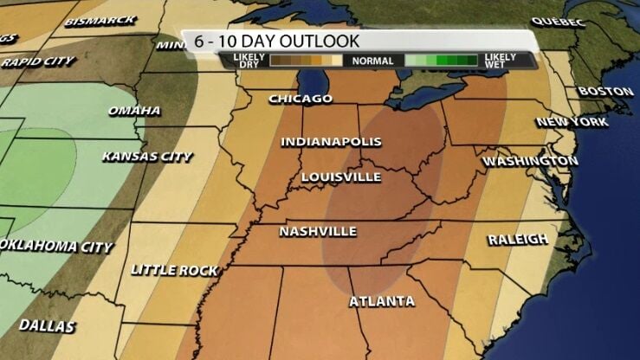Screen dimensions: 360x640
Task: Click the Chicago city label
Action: click(x=301, y=99)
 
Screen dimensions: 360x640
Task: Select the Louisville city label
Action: click(x=341, y=177)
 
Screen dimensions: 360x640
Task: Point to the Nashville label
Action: click(x=318, y=232)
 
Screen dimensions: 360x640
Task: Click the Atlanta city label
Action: click(x=382, y=301)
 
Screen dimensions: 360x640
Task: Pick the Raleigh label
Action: click(x=518, y=240)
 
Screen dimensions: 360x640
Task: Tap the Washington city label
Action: click(x=530, y=162)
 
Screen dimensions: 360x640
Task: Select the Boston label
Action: click(x=605, y=91)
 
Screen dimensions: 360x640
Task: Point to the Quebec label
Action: click(x=558, y=22)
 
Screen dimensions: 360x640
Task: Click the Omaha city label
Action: click(x=134, y=111)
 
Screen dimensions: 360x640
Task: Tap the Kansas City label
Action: click(x=146, y=157)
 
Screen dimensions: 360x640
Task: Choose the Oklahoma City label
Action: click(x=57, y=247)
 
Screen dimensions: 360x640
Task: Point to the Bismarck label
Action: click(x=100, y=20)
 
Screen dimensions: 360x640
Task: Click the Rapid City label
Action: click(x=37, y=62)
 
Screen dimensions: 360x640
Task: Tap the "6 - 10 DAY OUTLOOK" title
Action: click(x=272, y=41)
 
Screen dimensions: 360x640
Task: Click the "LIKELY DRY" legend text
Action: click(x=249, y=61)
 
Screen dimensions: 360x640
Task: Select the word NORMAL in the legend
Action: click(x=374, y=61)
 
